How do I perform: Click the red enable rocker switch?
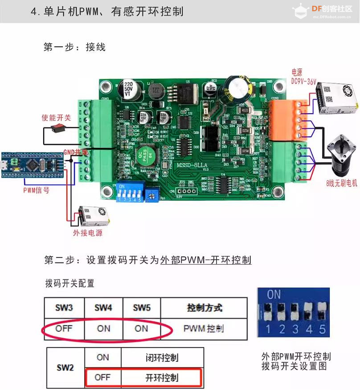click(x=57, y=129)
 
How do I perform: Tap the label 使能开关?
click(x=56, y=118)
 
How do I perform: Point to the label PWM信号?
click(x=36, y=190)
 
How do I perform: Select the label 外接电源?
click(x=88, y=233)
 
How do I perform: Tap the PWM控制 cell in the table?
click(x=204, y=329)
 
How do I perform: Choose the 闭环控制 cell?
click(x=162, y=357)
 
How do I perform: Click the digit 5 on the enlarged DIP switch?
click(x=322, y=330)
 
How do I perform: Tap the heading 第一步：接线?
click(x=74, y=47)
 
